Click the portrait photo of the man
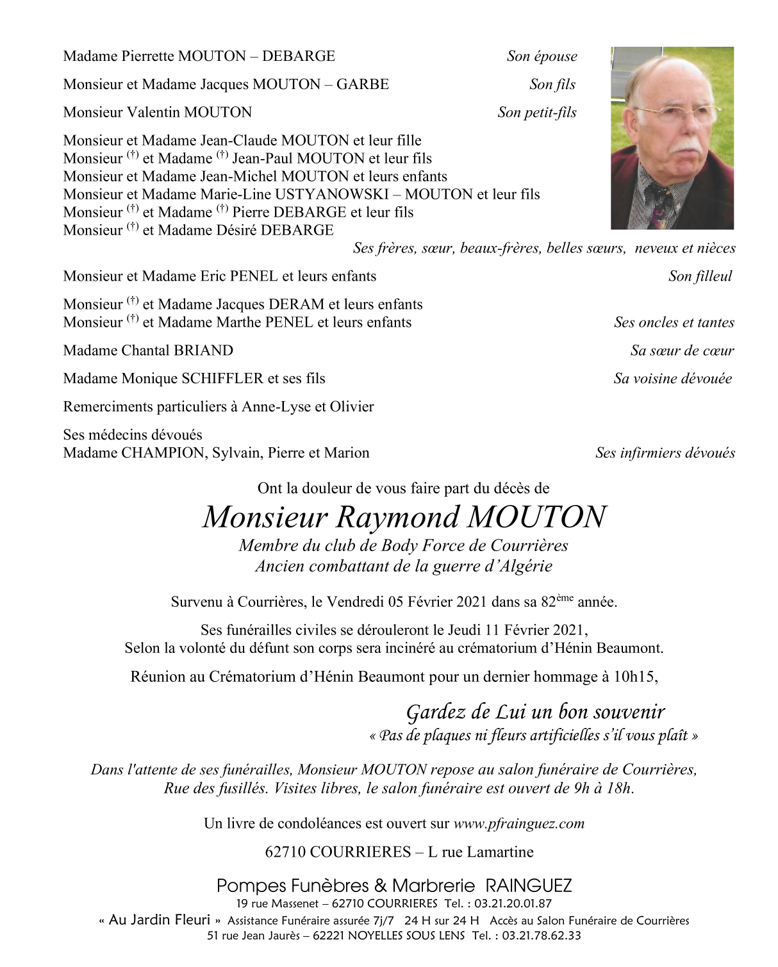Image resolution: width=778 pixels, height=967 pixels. pos(672,138)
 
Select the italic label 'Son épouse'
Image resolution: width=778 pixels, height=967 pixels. pos(542,56)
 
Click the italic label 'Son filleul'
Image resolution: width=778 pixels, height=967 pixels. pos(700,276)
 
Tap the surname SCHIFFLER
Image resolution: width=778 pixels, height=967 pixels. pos(222,379)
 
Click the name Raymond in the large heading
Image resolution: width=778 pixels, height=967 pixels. pos(398,517)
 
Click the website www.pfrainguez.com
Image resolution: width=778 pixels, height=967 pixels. pos(518,823)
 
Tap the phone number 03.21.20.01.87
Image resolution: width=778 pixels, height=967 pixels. pos(513,904)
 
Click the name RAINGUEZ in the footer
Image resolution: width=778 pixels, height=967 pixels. pos(529,886)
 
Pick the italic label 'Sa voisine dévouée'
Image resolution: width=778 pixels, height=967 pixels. pos(672,379)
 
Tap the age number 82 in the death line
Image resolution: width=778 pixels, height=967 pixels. pos(549,602)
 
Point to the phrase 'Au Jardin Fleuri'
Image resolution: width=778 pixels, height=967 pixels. pos(160,920)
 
